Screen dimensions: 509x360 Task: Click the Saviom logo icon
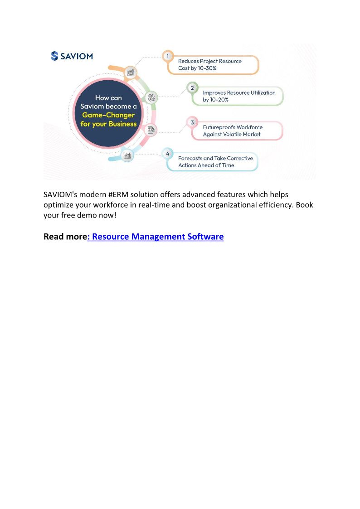[x=54, y=56]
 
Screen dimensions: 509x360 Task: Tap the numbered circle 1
[x=168, y=56]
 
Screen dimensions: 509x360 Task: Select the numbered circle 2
[x=192, y=87]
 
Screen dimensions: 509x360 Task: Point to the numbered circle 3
[x=192, y=122]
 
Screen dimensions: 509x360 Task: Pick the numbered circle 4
[x=168, y=154]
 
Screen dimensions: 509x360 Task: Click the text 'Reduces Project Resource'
[x=209, y=61]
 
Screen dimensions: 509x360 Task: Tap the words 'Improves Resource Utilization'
[x=239, y=92]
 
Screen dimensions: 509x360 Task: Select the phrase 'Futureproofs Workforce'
[x=233, y=127]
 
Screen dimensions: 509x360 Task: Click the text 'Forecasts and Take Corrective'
[x=215, y=159]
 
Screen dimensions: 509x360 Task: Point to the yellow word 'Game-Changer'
[x=108, y=115]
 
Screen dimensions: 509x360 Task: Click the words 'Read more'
[x=65, y=237]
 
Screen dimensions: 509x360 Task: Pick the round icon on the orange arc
[x=131, y=72]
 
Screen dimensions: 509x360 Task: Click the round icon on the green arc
[x=152, y=97]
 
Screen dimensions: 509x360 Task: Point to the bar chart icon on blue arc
[x=127, y=155]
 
